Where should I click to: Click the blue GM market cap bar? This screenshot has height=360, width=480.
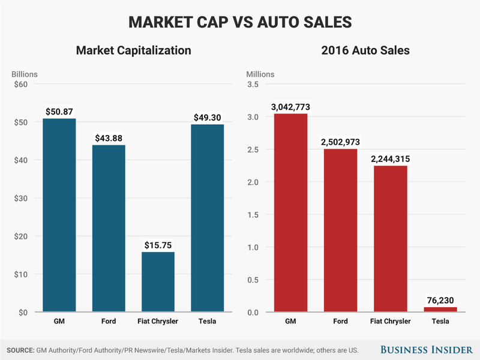point(59,215)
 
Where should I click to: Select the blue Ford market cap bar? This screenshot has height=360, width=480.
point(108,229)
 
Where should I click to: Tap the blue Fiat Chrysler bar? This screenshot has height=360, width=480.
point(158,282)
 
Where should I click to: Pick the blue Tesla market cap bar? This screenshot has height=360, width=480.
point(208,218)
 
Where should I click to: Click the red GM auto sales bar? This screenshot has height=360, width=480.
point(290,213)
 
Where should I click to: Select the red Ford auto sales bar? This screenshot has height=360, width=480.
point(340,230)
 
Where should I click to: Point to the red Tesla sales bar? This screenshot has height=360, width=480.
point(440,310)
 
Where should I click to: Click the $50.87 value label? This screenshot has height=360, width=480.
point(59,112)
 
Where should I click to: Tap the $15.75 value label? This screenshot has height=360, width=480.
point(158,245)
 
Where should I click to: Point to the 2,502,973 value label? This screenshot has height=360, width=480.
point(340,142)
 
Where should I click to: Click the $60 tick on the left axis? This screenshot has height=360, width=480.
point(20,84)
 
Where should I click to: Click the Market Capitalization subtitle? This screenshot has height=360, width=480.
point(133,50)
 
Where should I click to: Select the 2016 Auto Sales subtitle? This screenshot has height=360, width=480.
point(365,50)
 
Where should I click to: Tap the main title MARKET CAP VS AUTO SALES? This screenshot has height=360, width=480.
point(240,22)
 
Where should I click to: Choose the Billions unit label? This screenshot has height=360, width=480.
point(25,74)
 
